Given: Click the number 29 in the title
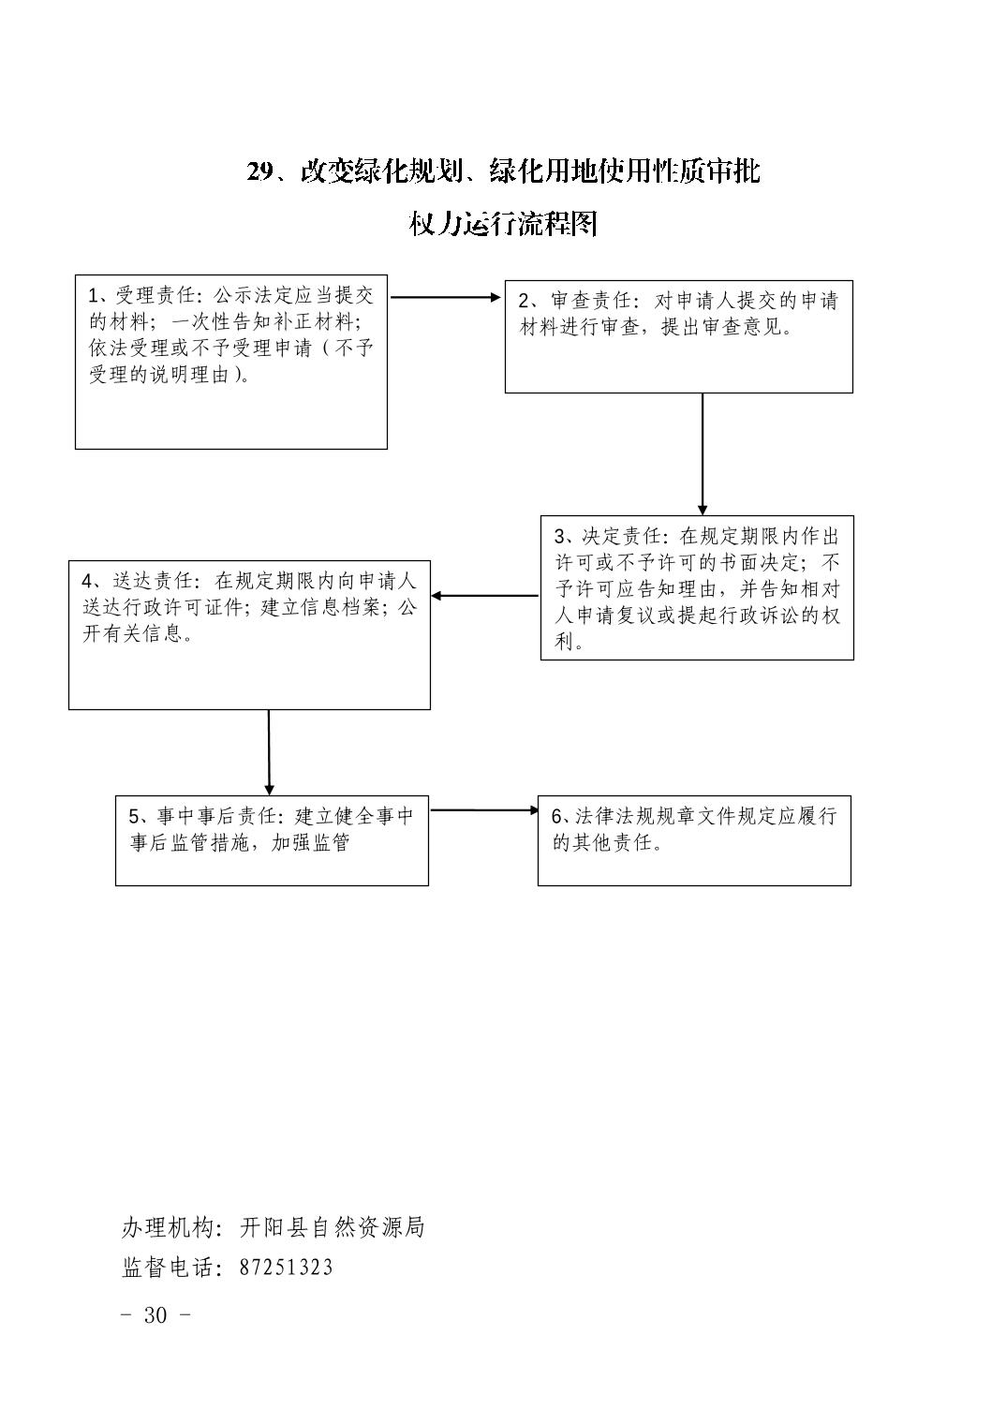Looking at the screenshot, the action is tap(259, 171).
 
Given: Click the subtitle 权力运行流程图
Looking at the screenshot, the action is tap(503, 224).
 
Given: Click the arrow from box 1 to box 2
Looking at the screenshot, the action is tap(446, 297).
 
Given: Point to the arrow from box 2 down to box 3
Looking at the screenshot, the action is tap(703, 453).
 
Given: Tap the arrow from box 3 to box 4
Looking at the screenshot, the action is tap(485, 596).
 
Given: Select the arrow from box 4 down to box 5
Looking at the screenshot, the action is tap(269, 752).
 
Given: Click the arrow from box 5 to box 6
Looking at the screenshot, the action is tap(484, 809).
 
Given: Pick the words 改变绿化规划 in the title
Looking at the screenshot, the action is tap(381, 171).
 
